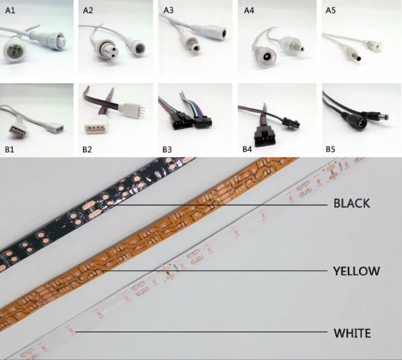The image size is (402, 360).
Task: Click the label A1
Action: (9, 9)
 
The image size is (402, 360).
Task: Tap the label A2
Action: (89, 9)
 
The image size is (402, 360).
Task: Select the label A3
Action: (169, 9)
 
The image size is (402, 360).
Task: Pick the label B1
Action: (9, 149)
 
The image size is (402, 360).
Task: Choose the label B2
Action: (89, 149)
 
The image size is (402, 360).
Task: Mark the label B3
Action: (169, 149)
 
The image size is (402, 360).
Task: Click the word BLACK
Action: (351, 203)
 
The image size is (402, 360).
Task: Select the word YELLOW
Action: (356, 271)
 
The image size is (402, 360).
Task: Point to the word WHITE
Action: (352, 333)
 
